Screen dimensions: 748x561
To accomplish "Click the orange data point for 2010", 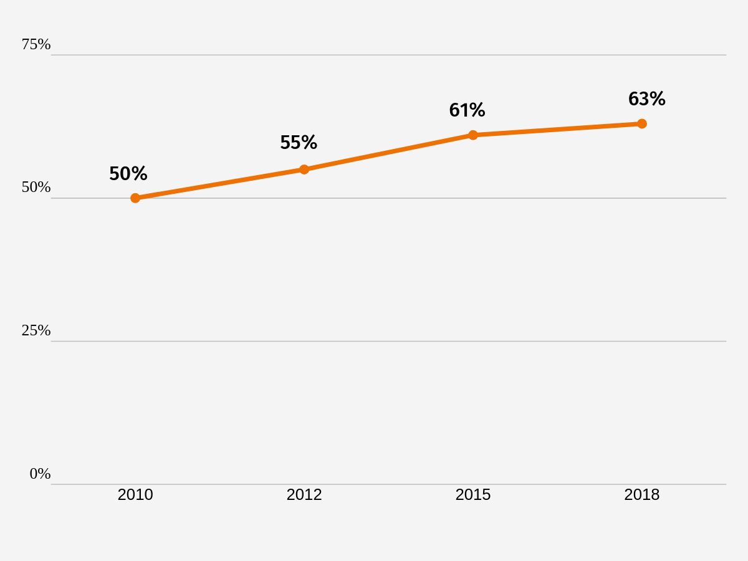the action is [135, 198].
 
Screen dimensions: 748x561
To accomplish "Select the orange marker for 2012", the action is [304, 170].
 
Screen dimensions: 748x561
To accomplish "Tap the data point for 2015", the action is [473, 135].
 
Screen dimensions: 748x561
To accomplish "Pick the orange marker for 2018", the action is [641, 123].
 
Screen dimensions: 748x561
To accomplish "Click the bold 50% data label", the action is [128, 173].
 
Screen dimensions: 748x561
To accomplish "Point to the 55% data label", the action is [299, 142].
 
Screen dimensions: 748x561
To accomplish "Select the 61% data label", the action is [467, 110].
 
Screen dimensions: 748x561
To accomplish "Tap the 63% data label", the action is [647, 98].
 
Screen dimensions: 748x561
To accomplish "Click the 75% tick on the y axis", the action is [36, 44].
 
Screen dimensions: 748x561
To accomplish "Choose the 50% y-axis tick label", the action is [36, 187].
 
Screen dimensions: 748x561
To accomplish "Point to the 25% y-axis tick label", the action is [36, 330].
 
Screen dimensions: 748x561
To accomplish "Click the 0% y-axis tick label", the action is [41, 474].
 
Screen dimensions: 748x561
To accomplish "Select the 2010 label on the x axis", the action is [135, 494].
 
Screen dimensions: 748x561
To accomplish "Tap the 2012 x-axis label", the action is [304, 494].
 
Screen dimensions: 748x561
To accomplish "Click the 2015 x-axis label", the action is [473, 494].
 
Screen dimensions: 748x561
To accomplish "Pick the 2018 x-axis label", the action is [641, 494].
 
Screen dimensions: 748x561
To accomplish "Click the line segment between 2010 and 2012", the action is [220, 184].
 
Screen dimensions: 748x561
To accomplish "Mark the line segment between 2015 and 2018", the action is [557, 130].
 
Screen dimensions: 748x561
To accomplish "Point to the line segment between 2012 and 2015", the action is [388, 152].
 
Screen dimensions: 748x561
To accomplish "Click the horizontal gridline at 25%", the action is [388, 341].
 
